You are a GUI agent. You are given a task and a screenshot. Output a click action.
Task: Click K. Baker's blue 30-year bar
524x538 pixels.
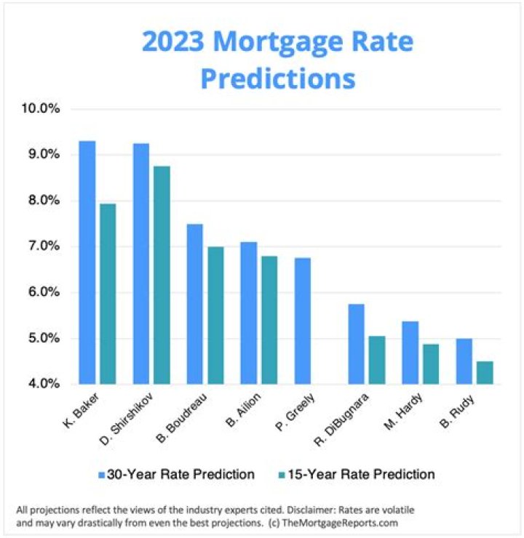[x=87, y=262]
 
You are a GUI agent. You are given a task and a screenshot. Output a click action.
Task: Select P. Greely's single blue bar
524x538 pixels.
[x=303, y=321]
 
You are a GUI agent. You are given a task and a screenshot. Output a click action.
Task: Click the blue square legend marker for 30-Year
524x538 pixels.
[x=101, y=475]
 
